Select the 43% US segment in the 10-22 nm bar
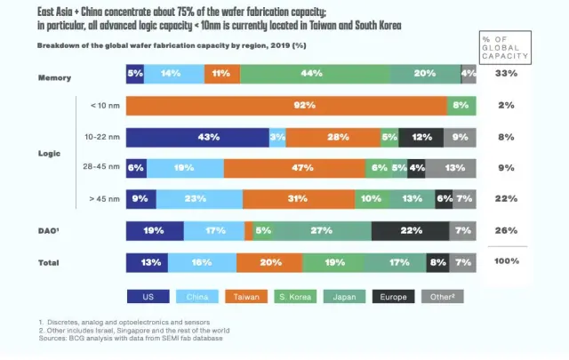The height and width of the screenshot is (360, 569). [197, 137]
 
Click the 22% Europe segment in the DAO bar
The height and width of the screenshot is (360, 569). [411, 231]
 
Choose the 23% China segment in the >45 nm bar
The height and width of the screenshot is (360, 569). [199, 198]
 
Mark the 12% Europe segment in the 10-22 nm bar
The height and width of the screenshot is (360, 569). [421, 137]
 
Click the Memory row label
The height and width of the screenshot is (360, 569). [54, 77]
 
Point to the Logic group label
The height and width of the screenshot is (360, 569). [50, 153]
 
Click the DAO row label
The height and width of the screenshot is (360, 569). [48, 231]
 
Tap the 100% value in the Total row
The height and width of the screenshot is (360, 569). [506, 261]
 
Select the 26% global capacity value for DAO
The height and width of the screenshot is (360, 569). [506, 231]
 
